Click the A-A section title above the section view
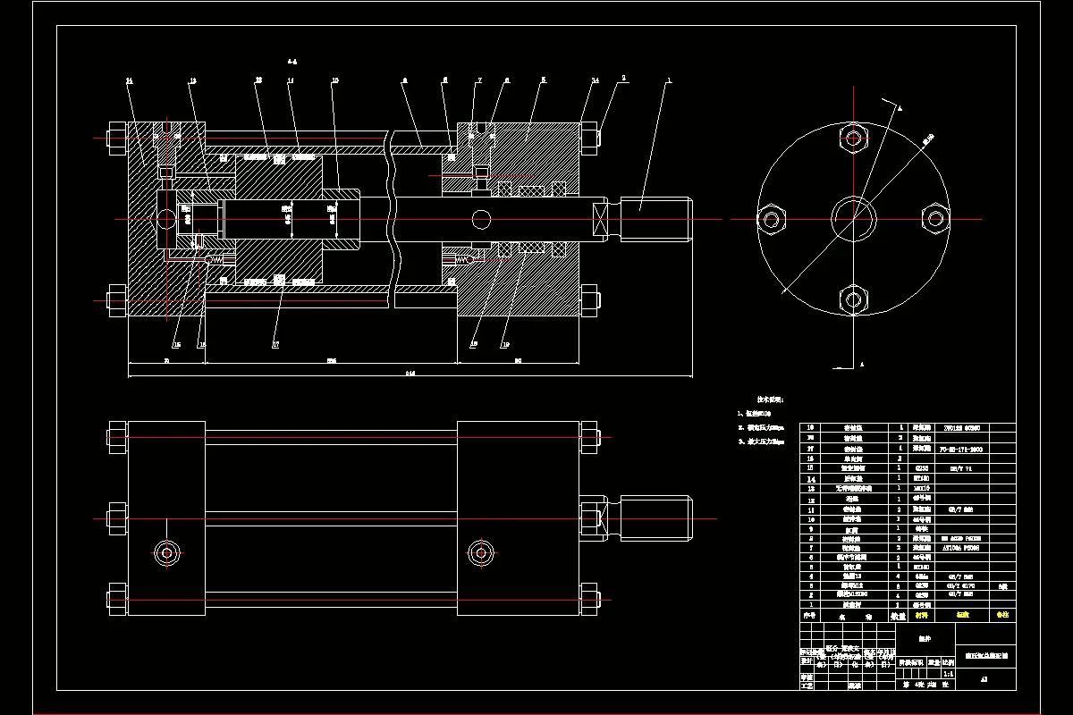click(x=292, y=62)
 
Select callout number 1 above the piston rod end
click(x=668, y=80)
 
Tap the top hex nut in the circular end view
click(x=855, y=139)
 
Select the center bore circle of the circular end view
click(x=854, y=218)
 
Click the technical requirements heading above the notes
click(x=770, y=400)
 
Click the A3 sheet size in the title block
click(x=984, y=679)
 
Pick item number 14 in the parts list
click(x=812, y=478)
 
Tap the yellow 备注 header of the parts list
click(x=1002, y=616)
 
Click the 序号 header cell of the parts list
click(x=810, y=616)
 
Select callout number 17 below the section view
click(x=275, y=343)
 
